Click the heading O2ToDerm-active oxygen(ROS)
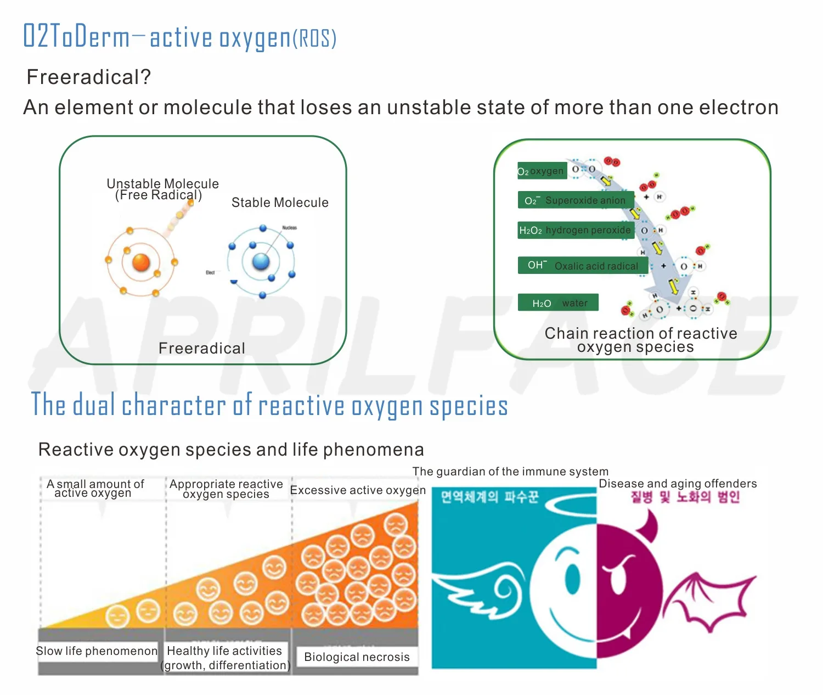click(179, 37)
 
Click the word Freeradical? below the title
click(88, 77)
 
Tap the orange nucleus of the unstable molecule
click(141, 262)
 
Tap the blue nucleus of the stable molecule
click(261, 261)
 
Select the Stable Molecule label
click(280, 203)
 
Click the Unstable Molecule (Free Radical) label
click(162, 189)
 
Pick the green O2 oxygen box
click(541, 171)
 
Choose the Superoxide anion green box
click(576, 200)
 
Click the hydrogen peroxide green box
click(576, 230)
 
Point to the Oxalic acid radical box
click(583, 266)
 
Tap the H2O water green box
click(558, 303)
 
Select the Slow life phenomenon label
click(97, 651)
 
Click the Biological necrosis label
click(357, 657)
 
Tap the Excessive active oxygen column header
click(358, 490)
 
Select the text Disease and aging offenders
click(678, 484)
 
